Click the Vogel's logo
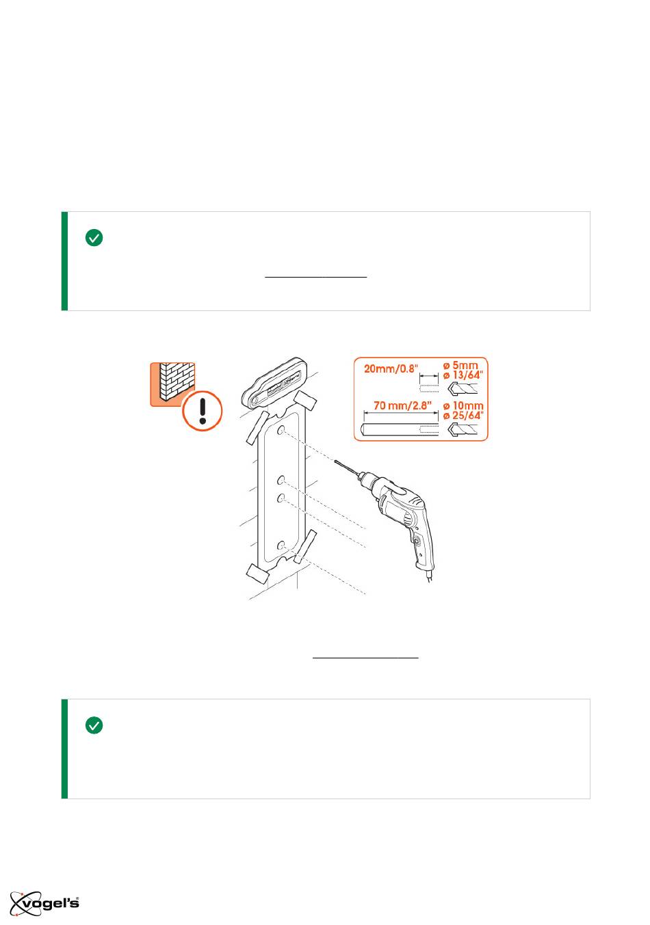click(44, 904)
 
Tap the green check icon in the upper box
click(94, 238)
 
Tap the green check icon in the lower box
click(94, 725)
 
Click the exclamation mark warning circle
click(203, 411)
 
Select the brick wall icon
click(172, 384)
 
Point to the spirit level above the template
click(274, 381)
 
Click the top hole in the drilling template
click(281, 430)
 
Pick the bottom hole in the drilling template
click(281, 546)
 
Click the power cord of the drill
click(430, 576)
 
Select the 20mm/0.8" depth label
click(391, 368)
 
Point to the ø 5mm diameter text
click(460, 365)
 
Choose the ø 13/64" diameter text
click(463, 375)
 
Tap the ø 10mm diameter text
click(463, 405)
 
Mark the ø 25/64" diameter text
click(463, 416)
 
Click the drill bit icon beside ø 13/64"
click(463, 388)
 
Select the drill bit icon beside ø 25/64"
click(463, 429)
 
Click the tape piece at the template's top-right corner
click(305, 400)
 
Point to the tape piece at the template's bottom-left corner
click(258, 573)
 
